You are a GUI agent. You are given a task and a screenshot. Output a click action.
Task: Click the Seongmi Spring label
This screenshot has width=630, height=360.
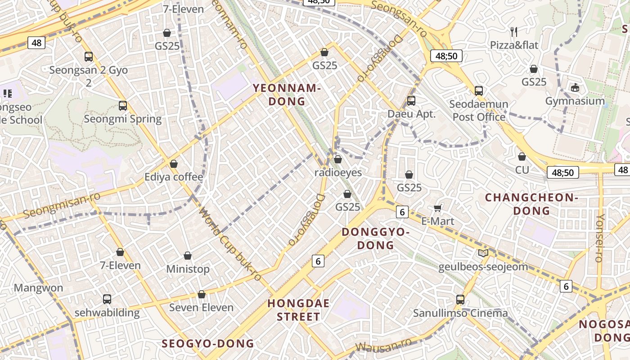click(123, 119)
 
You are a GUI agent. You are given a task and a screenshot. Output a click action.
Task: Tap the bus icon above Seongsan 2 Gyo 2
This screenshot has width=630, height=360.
click(89, 57)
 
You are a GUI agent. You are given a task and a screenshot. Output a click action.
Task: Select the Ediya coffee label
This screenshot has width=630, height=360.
click(174, 177)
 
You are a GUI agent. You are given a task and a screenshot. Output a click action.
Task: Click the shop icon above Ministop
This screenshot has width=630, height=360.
click(188, 256)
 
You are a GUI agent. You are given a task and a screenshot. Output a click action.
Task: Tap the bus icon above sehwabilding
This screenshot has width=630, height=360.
click(107, 299)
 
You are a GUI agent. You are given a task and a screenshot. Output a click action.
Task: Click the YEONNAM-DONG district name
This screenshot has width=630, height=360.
click(287, 94)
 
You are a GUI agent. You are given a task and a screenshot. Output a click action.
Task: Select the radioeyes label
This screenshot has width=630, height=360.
click(338, 172)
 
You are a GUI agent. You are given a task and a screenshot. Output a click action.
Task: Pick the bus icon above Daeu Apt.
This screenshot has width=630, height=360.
click(411, 101)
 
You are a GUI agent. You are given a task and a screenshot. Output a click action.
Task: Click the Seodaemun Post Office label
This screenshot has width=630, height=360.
click(479, 111)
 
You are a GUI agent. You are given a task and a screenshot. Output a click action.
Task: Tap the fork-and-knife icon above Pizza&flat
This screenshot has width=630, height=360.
click(514, 31)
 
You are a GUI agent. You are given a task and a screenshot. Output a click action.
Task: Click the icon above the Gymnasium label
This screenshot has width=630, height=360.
click(575, 87)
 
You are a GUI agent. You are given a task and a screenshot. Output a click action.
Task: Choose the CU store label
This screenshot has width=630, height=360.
click(522, 170)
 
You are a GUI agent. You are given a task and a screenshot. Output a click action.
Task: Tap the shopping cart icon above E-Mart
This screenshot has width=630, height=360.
click(438, 208)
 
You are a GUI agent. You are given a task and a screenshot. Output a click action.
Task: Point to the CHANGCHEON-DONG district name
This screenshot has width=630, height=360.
click(531, 204)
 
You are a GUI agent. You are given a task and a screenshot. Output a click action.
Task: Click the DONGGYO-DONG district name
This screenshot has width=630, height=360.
click(376, 238)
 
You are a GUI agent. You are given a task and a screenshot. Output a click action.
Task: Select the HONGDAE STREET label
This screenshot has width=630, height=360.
click(298, 310)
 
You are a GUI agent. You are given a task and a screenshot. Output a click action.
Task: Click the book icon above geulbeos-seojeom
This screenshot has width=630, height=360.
click(483, 253)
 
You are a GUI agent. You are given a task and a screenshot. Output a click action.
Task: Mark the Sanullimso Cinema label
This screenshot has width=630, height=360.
click(460, 313)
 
